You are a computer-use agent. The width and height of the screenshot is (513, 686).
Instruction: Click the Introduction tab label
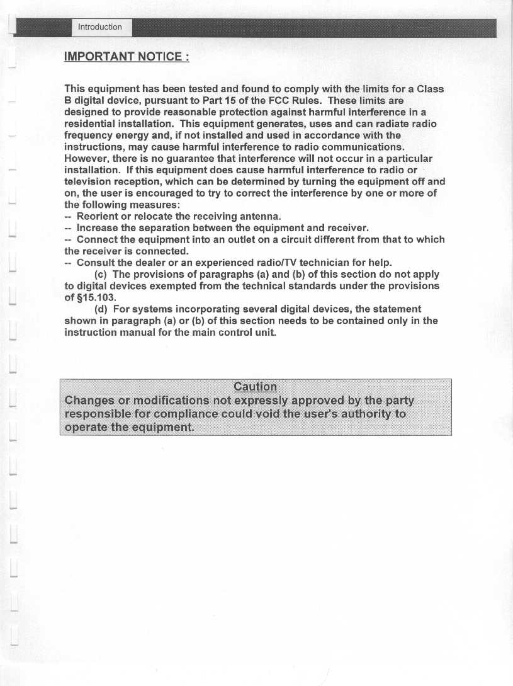[99, 27]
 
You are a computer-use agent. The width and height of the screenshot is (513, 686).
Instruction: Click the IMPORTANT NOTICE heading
[127, 57]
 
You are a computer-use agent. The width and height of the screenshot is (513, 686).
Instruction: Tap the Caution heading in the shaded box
[255, 387]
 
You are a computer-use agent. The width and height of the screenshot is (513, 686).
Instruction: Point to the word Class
[430, 89]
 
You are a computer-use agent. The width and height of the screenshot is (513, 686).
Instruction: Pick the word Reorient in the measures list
[98, 217]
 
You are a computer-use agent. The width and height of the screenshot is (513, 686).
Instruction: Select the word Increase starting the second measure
[98, 228]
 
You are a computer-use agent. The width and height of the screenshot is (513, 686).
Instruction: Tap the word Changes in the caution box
[92, 401]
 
